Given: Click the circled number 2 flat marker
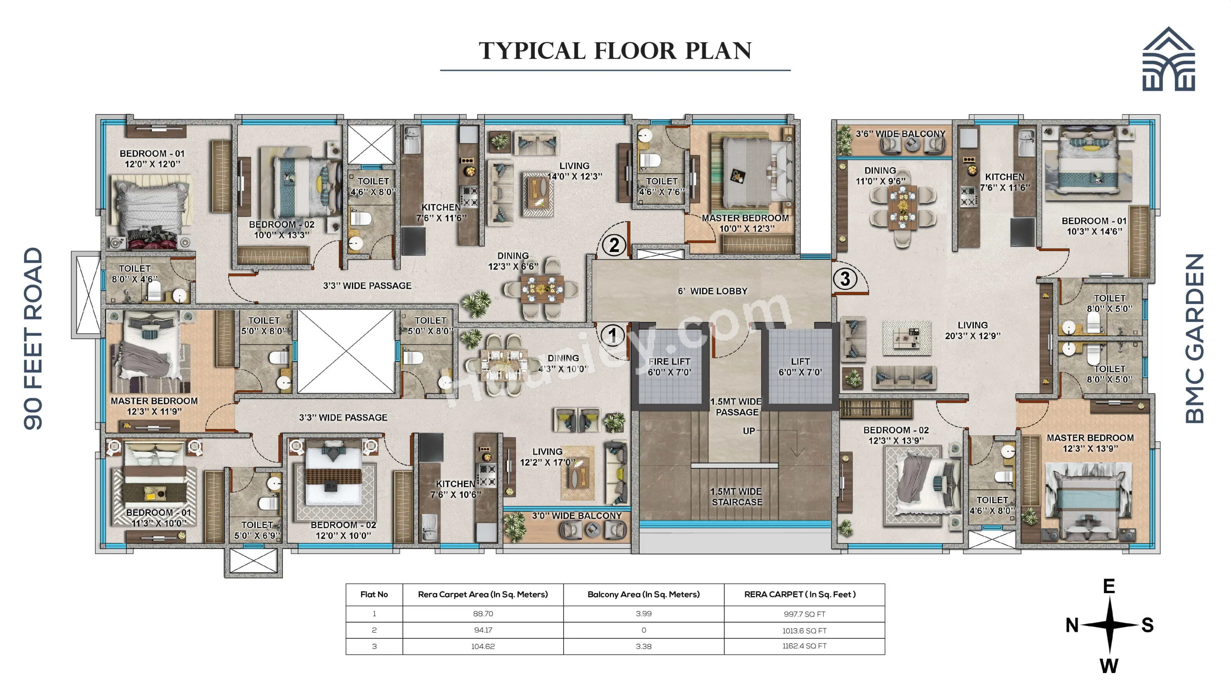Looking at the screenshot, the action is (614, 245).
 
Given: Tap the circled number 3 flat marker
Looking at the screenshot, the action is (845, 279).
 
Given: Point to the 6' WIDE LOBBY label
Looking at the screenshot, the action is (712, 291).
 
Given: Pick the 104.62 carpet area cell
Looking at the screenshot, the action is (483, 646).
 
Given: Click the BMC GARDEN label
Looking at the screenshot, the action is (1194, 338).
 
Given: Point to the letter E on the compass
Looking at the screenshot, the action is (1109, 586).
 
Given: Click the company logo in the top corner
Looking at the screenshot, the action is (1168, 59).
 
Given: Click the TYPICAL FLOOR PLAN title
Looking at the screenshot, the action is (615, 51).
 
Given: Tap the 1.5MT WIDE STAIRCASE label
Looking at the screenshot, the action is (737, 497).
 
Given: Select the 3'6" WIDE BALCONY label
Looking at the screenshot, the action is (900, 134).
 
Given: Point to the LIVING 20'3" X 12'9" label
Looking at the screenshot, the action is (972, 330).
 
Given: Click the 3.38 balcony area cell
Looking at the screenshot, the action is (643, 646).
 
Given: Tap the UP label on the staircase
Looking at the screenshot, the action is (749, 431).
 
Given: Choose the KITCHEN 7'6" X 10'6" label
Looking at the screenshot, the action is (455, 489).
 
